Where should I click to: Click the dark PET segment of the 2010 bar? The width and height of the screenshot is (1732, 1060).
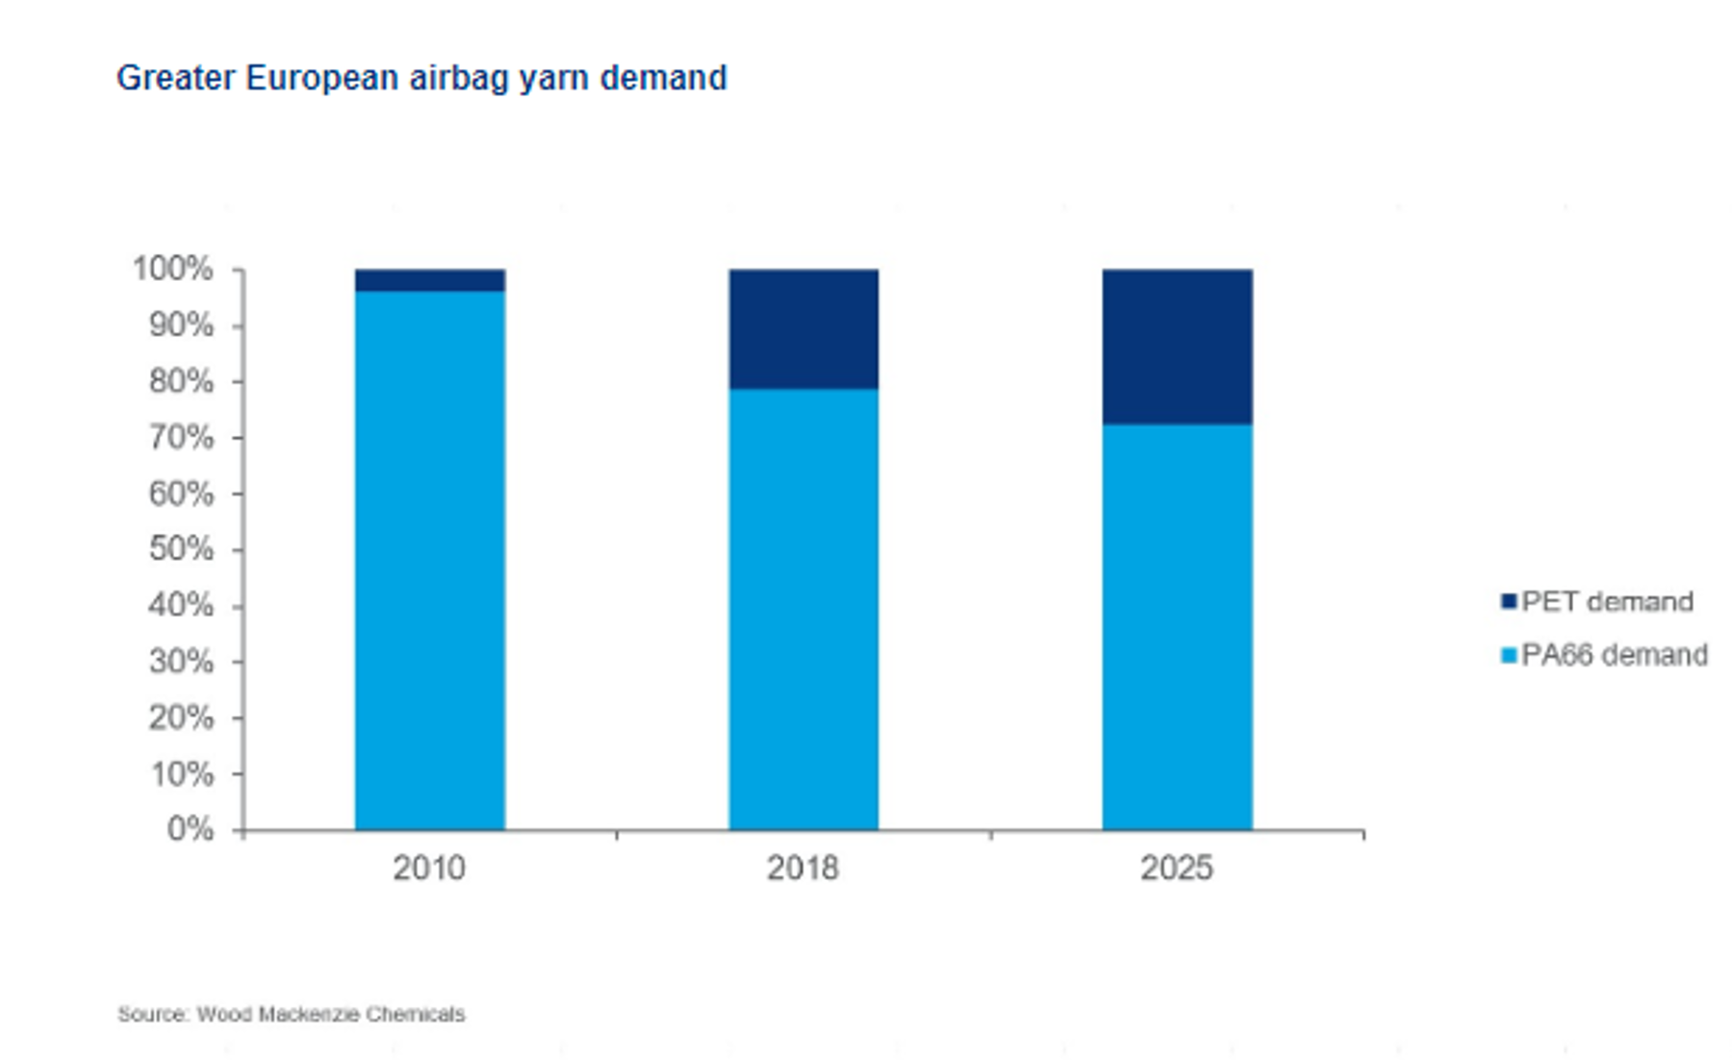pyautogui.click(x=429, y=280)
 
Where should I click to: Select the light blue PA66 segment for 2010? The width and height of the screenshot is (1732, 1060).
pyautogui.click(x=429, y=560)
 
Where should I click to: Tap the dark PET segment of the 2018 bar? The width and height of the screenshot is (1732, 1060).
pyautogui.click(x=803, y=329)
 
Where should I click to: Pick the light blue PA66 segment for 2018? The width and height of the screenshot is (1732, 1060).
pyautogui.click(x=803, y=609)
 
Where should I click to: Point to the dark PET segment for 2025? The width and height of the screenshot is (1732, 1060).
pyautogui.click(x=1177, y=346)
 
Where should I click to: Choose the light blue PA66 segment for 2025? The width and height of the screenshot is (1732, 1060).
pyautogui.click(x=1177, y=627)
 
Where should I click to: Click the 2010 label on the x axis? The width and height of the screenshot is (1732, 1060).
pyautogui.click(x=429, y=868)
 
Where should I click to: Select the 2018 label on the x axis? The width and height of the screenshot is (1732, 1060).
pyautogui.click(x=802, y=868)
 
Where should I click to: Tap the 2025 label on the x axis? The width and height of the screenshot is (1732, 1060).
pyautogui.click(x=1176, y=868)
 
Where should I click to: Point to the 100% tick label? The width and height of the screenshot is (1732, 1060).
pyautogui.click(x=173, y=269)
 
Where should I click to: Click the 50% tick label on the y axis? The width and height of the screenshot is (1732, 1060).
pyautogui.click(x=181, y=549)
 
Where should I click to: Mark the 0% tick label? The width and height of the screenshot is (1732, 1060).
pyautogui.click(x=191, y=829)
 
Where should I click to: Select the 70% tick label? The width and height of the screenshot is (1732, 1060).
pyautogui.click(x=181, y=438)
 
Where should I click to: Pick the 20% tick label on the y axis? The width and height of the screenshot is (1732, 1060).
pyautogui.click(x=181, y=718)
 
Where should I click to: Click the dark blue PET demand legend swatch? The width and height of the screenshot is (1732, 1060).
pyautogui.click(x=1509, y=602)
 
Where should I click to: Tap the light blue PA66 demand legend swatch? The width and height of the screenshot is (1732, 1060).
pyautogui.click(x=1509, y=656)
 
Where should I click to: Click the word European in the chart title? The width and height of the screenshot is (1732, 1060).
pyautogui.click(x=322, y=78)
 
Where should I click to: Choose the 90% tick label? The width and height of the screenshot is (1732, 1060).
pyautogui.click(x=181, y=325)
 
